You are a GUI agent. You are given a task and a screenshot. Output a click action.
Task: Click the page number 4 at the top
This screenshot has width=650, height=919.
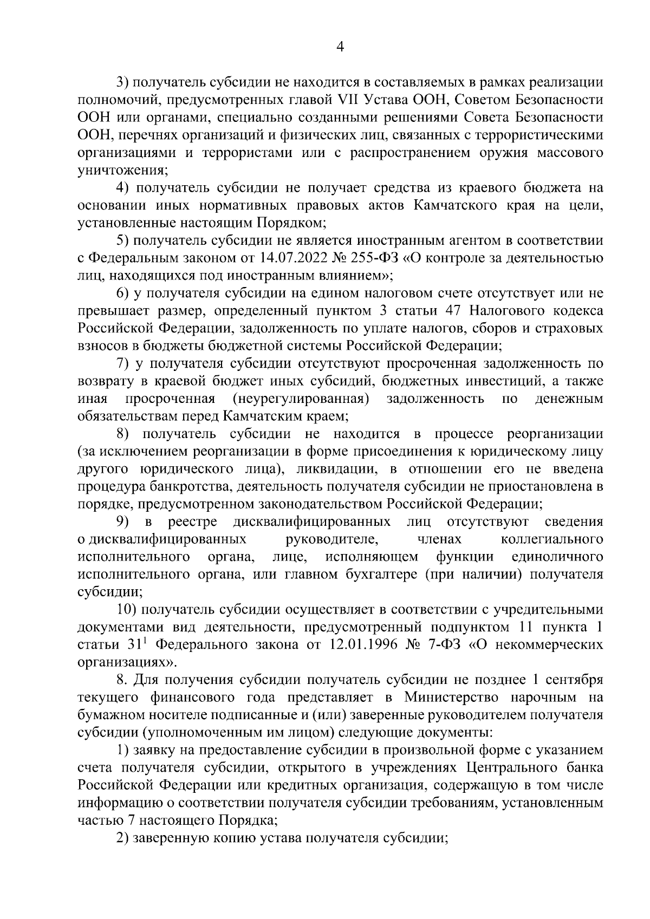340,47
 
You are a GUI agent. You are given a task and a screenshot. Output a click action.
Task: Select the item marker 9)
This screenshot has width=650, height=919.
125,522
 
